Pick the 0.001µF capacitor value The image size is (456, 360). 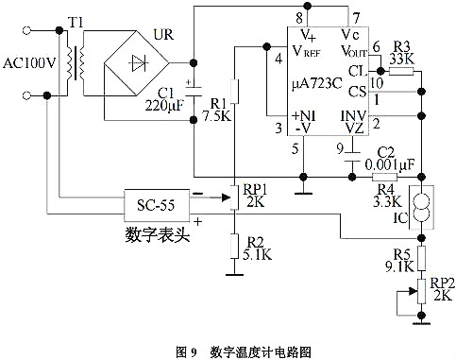coord(394,164)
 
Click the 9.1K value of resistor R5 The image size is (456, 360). coord(401,266)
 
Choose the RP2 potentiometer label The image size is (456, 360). coord(441,284)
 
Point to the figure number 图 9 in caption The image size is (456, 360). coord(186,351)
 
